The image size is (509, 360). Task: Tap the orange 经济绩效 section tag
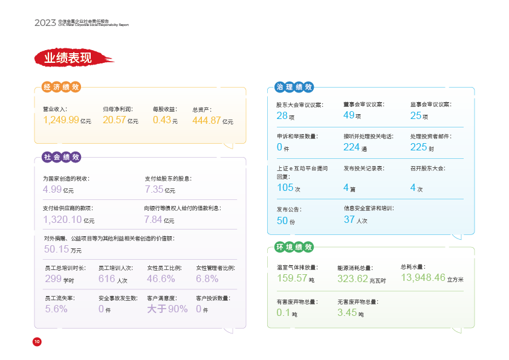61,87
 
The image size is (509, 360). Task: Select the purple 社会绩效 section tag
61,157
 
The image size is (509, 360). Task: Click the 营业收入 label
54,109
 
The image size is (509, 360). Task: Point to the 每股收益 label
164,109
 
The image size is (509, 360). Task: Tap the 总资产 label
202,110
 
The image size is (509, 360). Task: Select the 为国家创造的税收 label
66,179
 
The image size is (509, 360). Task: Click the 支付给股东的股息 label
168,179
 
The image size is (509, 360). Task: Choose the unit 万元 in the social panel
76,251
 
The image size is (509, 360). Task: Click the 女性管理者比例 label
215,268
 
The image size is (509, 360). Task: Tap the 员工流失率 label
60,298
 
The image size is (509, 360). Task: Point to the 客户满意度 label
161,298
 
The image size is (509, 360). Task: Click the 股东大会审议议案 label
300,105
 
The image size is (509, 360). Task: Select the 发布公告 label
289,210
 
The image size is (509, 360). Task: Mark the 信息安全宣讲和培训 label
368,208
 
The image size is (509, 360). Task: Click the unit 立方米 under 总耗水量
455,280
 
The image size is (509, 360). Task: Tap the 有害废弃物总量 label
297,301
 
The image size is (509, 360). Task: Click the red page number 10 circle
37,342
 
